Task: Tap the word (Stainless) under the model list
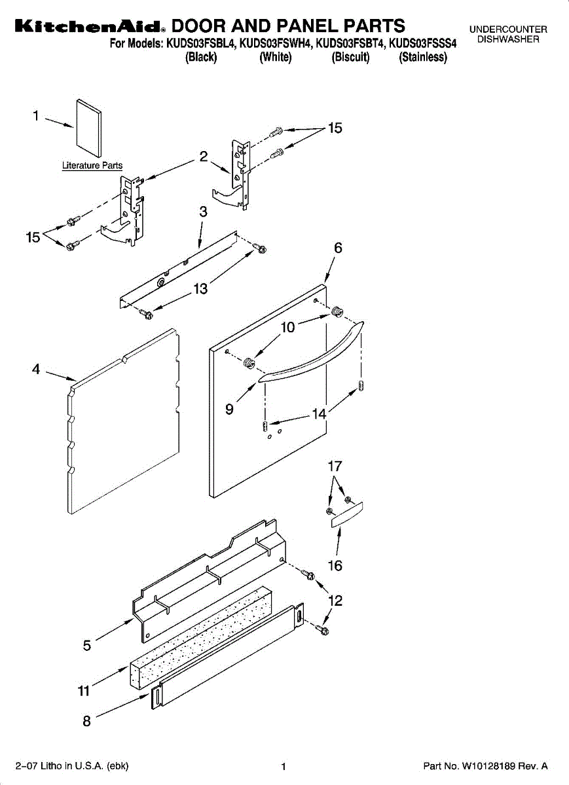pos(423,58)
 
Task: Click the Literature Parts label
pos(92,166)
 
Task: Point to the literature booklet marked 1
pos(89,131)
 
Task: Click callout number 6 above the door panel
pos(338,248)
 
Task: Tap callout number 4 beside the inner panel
pos(36,369)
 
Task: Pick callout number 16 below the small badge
pos(335,565)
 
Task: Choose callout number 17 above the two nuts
pos(335,466)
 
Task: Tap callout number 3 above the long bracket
pos(204,212)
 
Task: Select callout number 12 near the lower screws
pos(335,600)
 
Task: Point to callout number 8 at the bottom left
pos(86,721)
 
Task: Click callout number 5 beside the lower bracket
pos(87,646)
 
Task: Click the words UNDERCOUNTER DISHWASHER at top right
pos(508,35)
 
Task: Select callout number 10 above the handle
pos(288,327)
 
